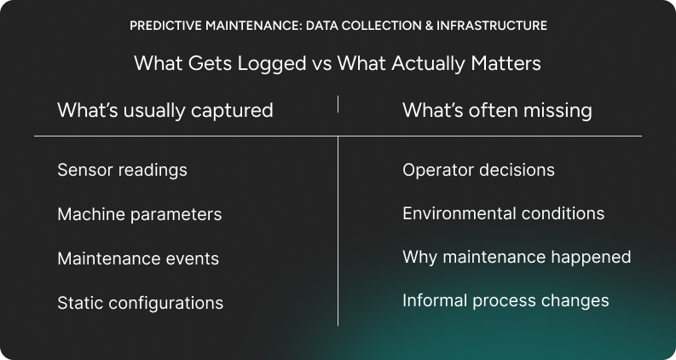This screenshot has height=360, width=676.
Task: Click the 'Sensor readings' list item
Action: coord(122,170)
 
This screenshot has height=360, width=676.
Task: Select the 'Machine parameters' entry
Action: coord(139,214)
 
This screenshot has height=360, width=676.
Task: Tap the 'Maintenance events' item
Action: coord(138,258)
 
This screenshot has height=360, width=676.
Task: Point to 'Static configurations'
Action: coord(140,303)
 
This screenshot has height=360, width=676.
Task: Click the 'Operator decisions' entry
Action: coord(478,170)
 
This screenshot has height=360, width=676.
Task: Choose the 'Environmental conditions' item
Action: coord(503,213)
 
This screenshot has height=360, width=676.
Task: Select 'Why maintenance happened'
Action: coord(517,257)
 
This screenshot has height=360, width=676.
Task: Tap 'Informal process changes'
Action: coord(506,300)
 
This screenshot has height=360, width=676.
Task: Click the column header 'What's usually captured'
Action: coord(165,110)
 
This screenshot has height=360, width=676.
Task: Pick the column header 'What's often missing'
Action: coord(497,110)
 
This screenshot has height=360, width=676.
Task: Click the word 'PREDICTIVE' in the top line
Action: coord(163,26)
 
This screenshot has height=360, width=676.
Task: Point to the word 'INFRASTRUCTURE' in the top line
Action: coord(492,26)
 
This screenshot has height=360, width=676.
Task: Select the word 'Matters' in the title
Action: coord(508,64)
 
